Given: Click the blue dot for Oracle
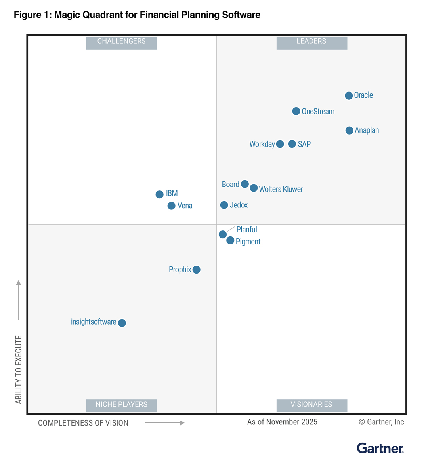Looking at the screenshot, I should (349, 95).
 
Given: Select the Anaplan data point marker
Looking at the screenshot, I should (349, 130).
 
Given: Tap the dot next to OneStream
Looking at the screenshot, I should (296, 111).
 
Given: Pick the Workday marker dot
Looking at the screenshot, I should (280, 144).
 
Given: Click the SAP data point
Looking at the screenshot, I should (292, 144).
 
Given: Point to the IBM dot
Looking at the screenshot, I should (159, 194).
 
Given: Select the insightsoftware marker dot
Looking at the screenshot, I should (122, 323).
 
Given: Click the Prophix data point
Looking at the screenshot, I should (196, 270).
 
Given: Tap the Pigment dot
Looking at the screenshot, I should (230, 240).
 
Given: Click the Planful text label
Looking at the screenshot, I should (246, 230).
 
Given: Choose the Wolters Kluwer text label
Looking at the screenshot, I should (281, 189).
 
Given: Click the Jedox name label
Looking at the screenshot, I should (239, 205).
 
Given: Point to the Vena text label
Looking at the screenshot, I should (185, 206).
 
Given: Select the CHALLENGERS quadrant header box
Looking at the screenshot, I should (121, 42).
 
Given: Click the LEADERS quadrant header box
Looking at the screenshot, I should (311, 42).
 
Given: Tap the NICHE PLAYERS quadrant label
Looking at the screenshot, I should (121, 405).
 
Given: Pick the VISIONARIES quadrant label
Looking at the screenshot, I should (311, 405).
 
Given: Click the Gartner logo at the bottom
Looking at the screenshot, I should (380, 448).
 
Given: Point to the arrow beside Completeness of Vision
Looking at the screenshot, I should (164, 423).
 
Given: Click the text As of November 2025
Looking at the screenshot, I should (282, 422).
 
